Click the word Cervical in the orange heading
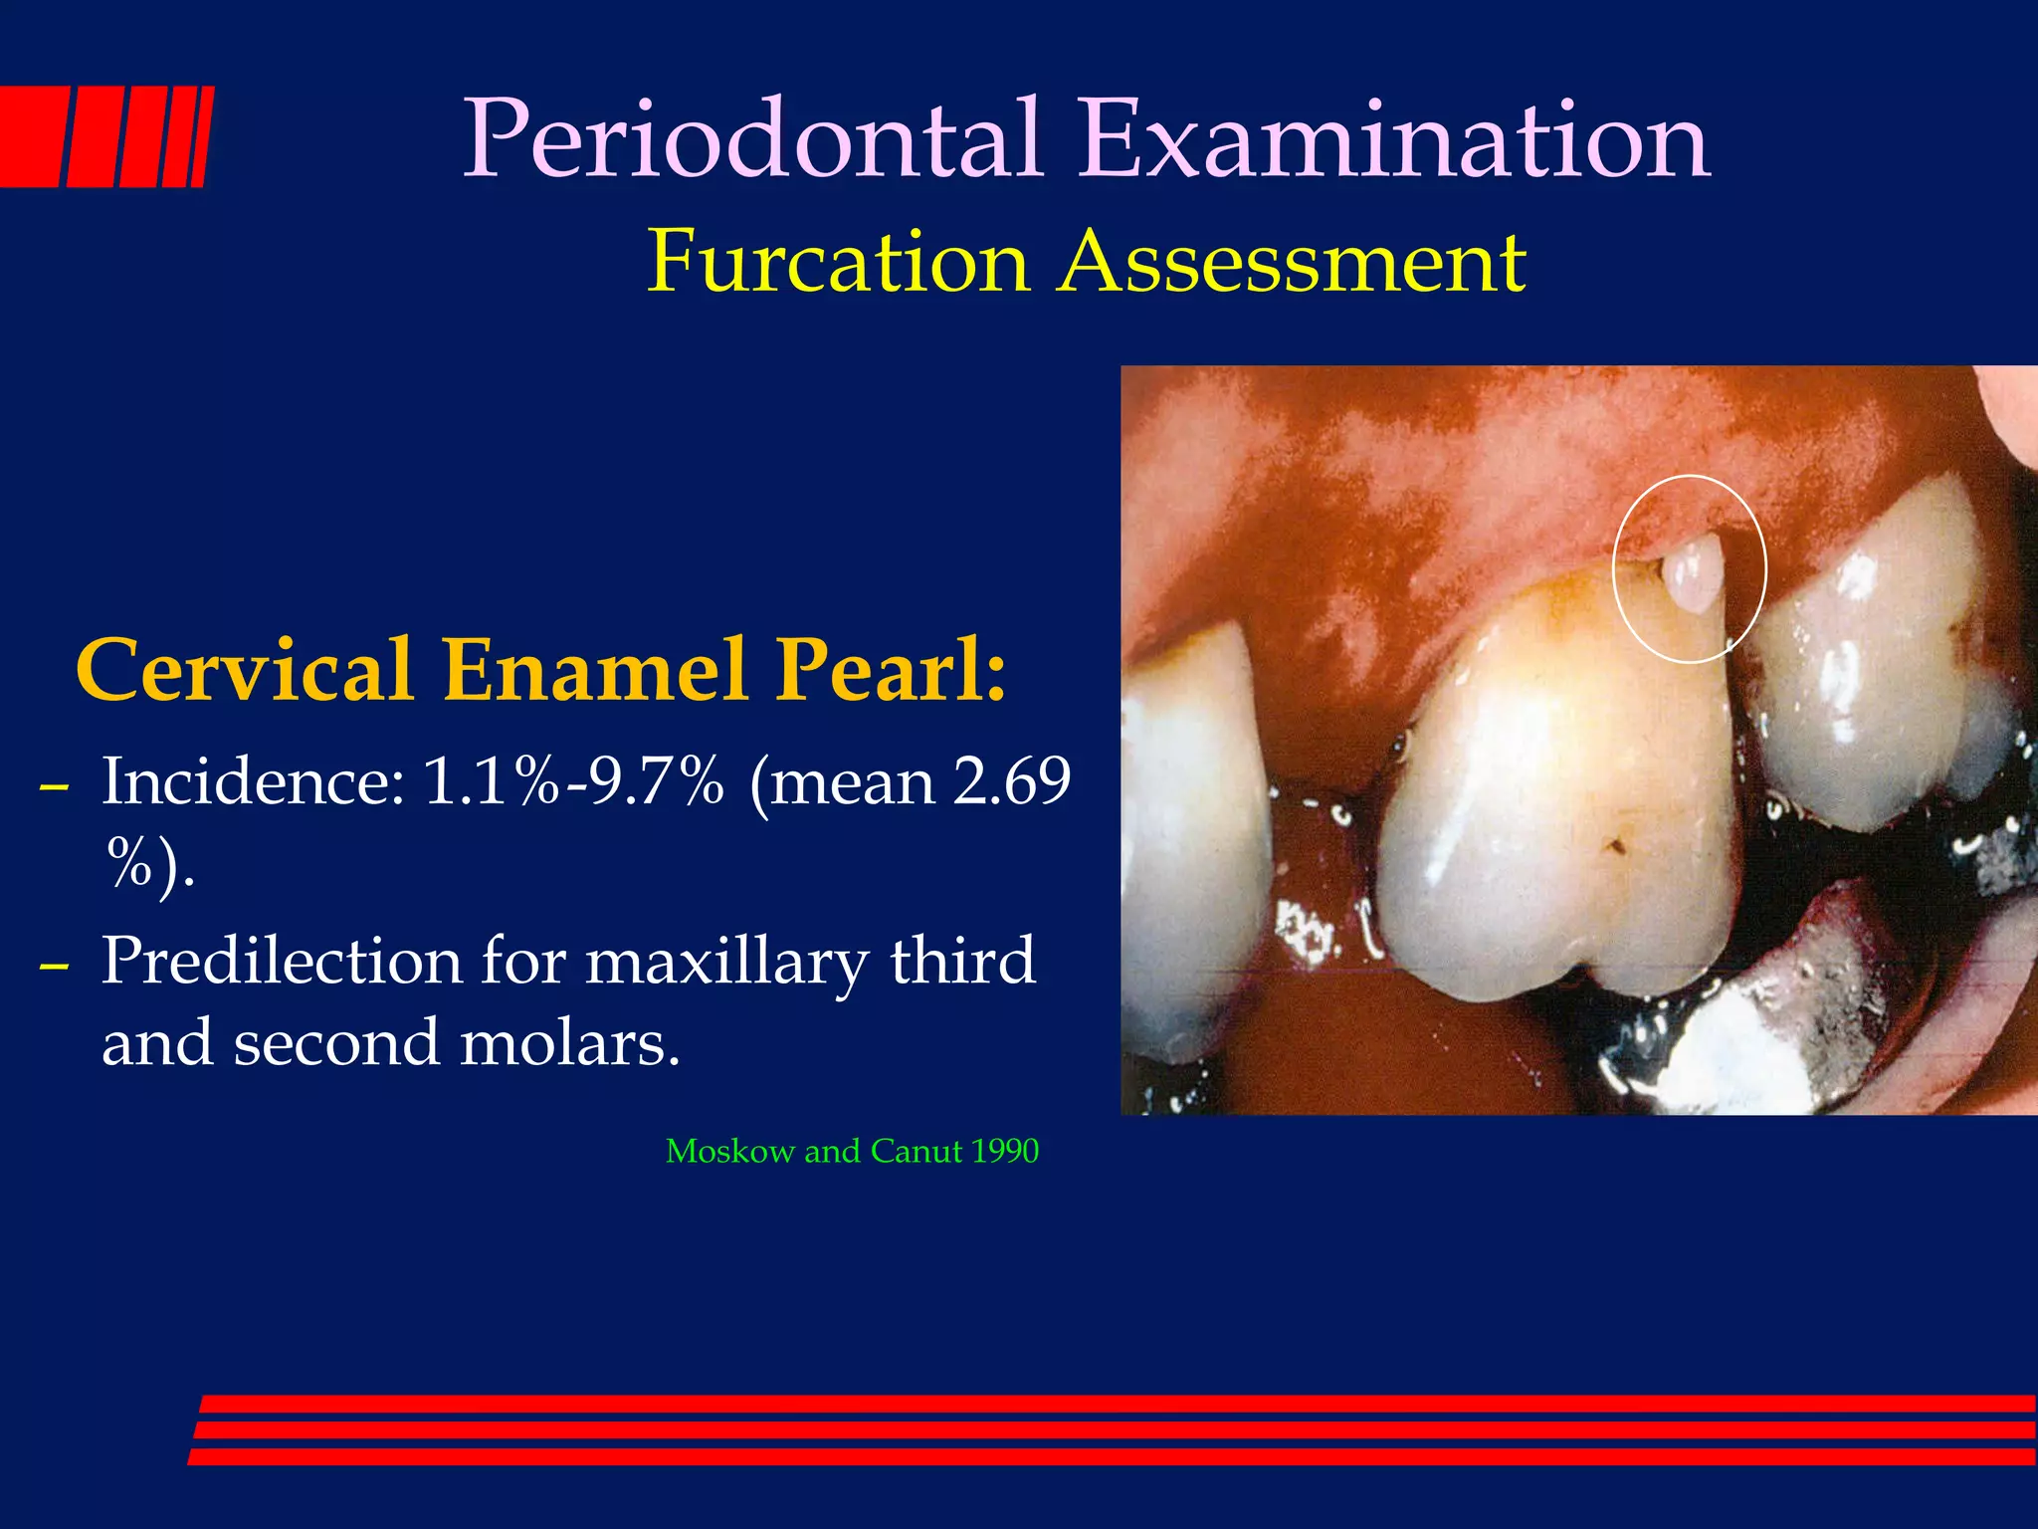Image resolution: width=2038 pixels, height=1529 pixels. click(244, 670)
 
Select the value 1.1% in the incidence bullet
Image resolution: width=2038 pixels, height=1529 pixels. click(491, 781)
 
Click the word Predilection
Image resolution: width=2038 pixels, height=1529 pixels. click(283, 962)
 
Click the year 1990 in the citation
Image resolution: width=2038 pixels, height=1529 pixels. click(1005, 1152)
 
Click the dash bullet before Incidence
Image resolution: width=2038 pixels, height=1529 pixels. click(54, 786)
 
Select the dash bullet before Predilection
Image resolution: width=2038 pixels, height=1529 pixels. click(54, 967)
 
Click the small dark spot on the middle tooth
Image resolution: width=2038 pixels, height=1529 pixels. click(1615, 847)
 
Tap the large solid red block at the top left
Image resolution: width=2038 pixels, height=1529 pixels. click(30, 136)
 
